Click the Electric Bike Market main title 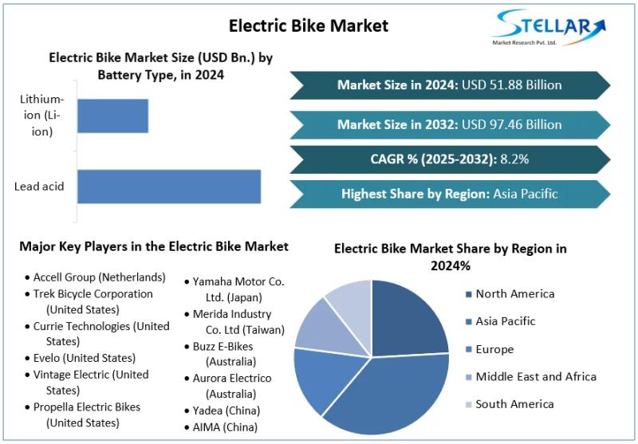(309, 26)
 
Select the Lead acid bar (169, 187)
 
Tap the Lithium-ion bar (112, 116)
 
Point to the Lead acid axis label (39, 187)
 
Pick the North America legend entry (514, 294)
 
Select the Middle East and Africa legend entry (535, 376)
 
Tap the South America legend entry (514, 404)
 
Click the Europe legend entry (494, 349)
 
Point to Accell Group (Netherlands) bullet (99, 277)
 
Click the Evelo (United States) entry (84, 358)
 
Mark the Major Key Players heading (154, 247)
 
